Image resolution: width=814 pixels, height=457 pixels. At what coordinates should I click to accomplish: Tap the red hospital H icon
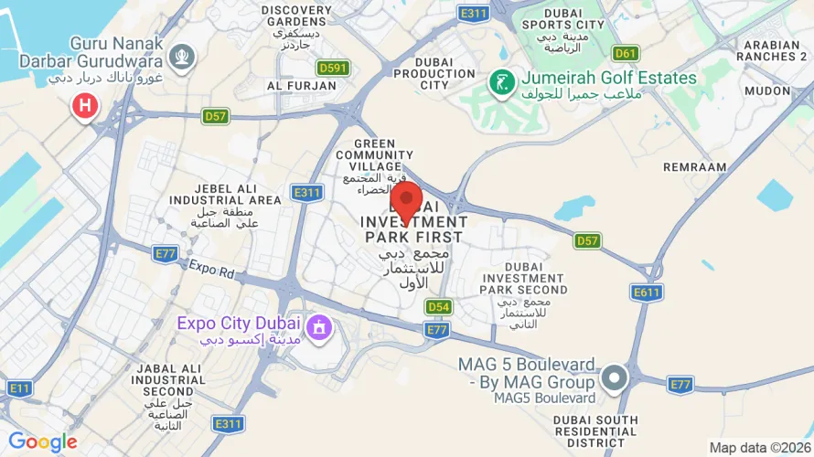(85, 107)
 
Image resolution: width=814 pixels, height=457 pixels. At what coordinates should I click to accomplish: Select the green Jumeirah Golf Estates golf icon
(500, 82)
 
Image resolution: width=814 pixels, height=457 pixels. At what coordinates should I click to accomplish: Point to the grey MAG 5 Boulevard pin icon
(614, 377)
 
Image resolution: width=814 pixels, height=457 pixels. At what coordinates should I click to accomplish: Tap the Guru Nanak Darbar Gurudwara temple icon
(184, 56)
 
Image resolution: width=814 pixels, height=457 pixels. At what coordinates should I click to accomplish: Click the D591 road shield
(333, 68)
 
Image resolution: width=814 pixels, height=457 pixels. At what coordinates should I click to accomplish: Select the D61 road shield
(627, 53)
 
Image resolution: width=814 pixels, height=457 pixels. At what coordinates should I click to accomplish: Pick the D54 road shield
(439, 307)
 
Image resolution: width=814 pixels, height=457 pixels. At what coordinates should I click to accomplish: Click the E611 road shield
(647, 292)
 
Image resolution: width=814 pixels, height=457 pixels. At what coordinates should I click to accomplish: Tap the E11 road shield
(19, 388)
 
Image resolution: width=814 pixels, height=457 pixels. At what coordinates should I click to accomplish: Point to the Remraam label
(695, 168)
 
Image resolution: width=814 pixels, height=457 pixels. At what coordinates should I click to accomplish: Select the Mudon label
(767, 91)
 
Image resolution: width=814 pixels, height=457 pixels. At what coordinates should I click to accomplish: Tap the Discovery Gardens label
(295, 16)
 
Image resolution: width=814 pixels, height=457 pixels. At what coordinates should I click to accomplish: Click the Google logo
(43, 442)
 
